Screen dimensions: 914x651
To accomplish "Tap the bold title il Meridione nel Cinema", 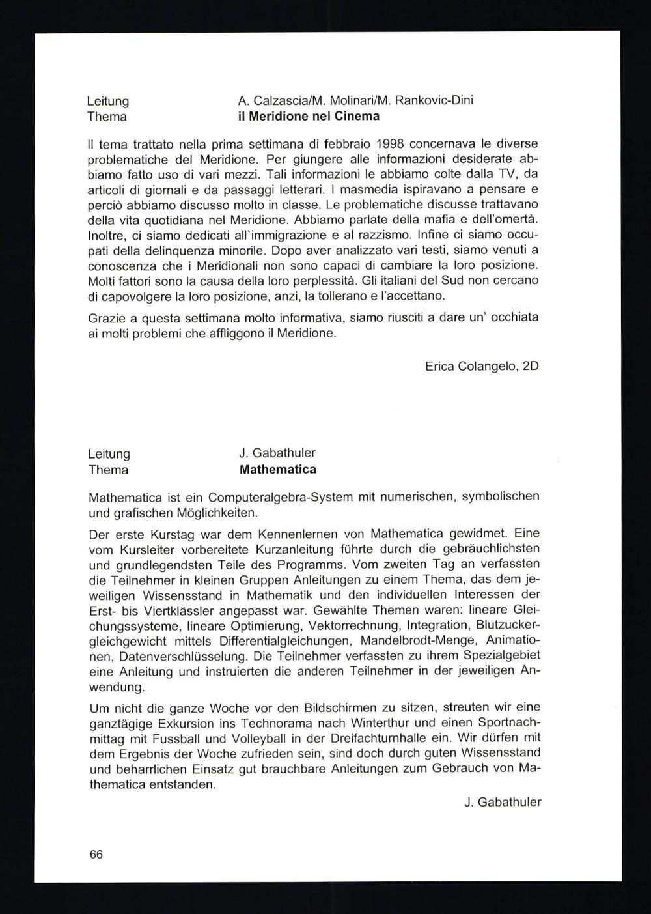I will coord(309,117).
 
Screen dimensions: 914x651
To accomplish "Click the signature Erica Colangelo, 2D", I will coord(482,366).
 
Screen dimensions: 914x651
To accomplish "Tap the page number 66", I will coord(96,855).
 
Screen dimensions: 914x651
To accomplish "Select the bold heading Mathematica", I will coord(278,470).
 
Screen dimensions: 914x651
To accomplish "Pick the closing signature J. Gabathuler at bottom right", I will coord(503,803).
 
